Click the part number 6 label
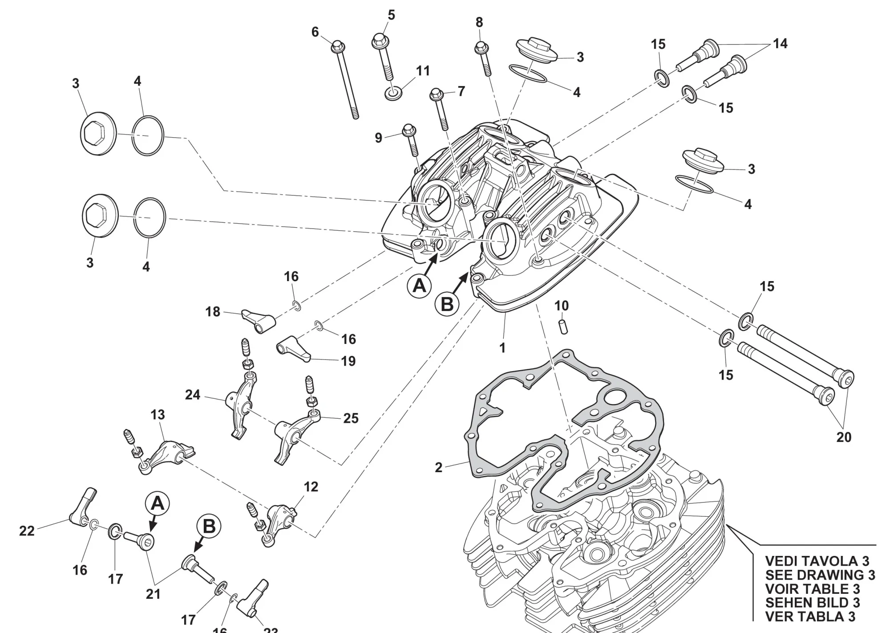(315, 32)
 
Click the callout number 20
(844, 437)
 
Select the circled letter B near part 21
(209, 527)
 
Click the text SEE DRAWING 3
(820, 575)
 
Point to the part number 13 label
(158, 415)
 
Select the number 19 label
(348, 361)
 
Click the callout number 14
(780, 43)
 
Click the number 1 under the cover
(503, 347)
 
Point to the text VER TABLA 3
(810, 617)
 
